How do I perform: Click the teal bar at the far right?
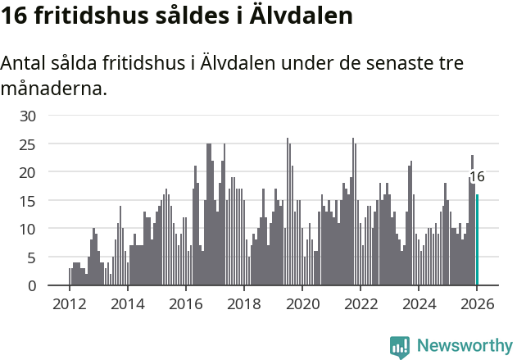coord(478,240)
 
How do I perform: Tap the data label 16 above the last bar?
coord(477,176)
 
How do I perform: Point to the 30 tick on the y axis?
coord(28,116)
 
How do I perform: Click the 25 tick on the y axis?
coord(28,144)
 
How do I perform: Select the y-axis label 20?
coord(28,172)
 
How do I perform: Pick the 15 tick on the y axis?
coord(28,201)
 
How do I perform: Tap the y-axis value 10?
coord(28,229)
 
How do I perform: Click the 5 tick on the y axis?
coord(31,257)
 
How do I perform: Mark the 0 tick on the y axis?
coord(31,285)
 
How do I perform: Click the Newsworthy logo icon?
coord(400,347)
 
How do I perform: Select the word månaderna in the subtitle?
coord(54,88)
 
